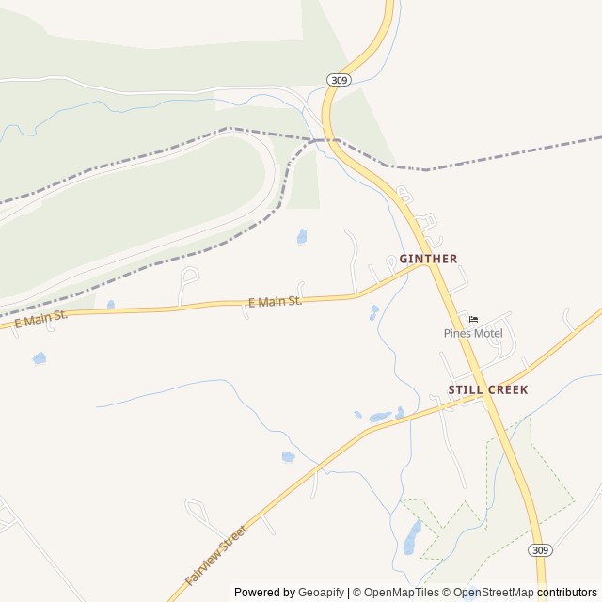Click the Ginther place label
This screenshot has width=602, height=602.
click(428, 259)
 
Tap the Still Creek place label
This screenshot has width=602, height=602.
click(487, 389)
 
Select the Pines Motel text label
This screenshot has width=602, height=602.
click(473, 333)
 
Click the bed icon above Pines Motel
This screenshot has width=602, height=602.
click(473, 319)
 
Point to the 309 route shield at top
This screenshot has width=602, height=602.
click(340, 81)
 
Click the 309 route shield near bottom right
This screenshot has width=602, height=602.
click(538, 549)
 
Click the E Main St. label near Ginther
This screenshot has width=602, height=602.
click(275, 302)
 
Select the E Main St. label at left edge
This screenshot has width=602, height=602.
click(40, 318)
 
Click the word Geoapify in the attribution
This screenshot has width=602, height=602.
click(321, 593)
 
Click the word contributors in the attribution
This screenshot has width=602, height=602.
click(567, 593)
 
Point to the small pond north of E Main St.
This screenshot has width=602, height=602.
click(302, 236)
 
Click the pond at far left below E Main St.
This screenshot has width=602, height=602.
click(39, 358)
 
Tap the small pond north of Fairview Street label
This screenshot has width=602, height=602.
click(288, 457)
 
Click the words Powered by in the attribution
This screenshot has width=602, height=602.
click(263, 593)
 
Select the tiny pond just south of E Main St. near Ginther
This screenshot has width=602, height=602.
click(374, 310)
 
